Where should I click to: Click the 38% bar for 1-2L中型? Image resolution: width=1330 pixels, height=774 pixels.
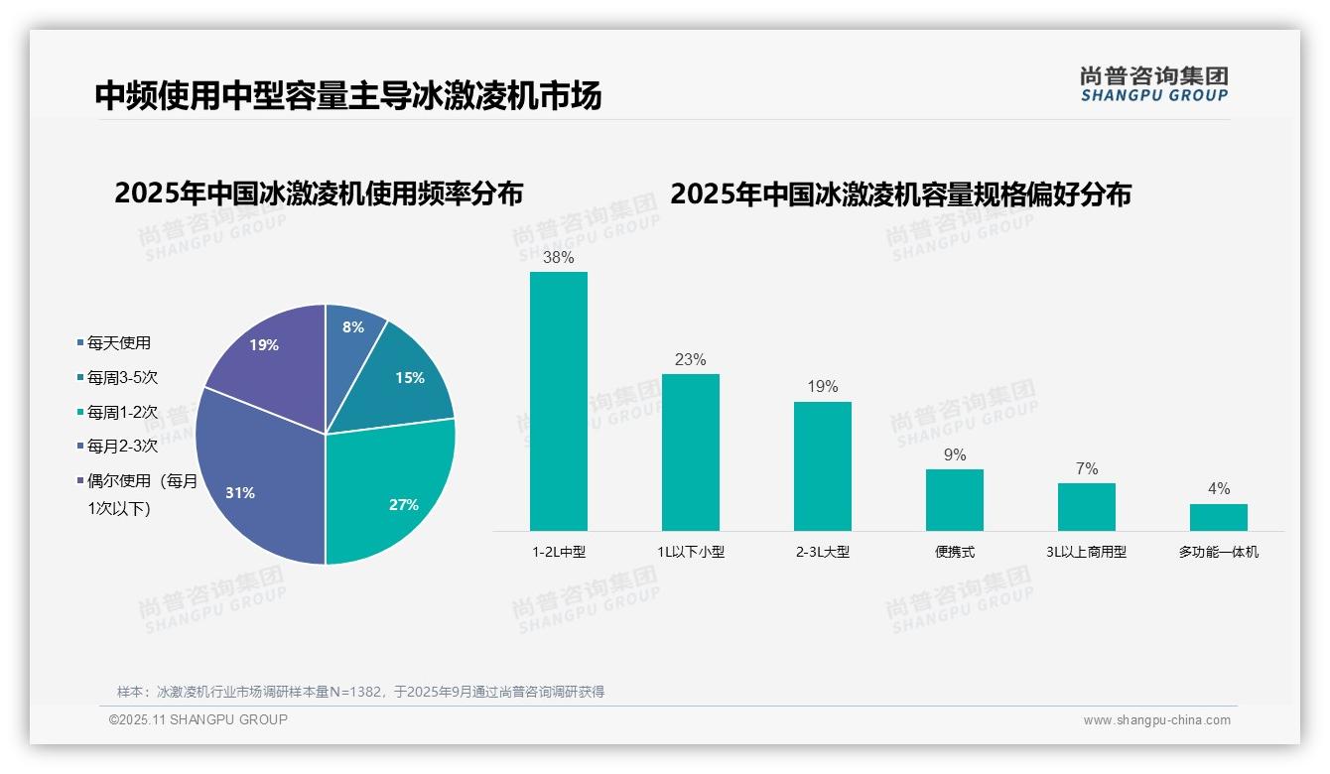pos(559,401)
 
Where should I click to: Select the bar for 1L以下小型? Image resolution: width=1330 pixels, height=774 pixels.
pos(691,452)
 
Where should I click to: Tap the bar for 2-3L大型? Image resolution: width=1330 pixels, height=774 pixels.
pos(823,466)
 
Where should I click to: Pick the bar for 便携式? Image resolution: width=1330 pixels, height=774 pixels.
pos(955,500)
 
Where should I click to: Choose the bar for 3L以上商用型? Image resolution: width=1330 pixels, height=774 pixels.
pos(1087,507)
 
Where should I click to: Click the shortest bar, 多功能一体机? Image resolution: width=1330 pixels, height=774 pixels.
pos(1219,517)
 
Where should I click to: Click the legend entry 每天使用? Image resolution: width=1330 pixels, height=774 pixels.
pos(118,343)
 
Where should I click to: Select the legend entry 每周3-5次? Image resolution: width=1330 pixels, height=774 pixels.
pos(122,378)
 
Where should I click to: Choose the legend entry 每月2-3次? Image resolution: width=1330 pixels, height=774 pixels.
pos(122,447)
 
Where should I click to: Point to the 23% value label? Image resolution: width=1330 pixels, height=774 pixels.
pos(690,359)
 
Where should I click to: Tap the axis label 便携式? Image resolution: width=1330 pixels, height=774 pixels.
pos(955,552)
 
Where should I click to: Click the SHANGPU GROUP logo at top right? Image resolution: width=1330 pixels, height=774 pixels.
pos(1153,83)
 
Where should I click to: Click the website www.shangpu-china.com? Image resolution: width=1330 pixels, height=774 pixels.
pos(1156,720)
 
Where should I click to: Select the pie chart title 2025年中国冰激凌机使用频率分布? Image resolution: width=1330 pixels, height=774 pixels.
pos(319,193)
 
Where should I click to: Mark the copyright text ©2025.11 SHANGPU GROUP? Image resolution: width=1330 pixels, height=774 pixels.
pos(199,719)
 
